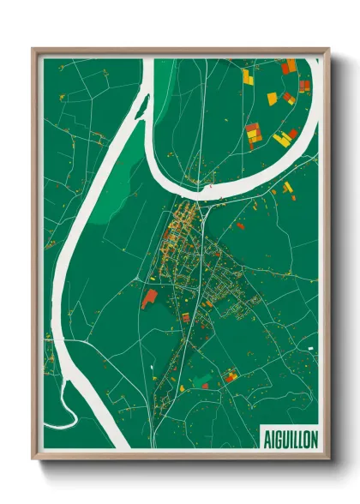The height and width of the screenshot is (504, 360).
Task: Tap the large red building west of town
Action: coord(149,297)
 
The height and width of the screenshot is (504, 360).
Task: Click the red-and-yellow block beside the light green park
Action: coord(230,375)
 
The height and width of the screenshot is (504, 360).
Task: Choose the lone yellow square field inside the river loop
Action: coord(272,99)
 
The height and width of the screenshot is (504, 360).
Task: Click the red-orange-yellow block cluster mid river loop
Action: coord(253,132)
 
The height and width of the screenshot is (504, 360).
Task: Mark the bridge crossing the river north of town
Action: coord(208,181)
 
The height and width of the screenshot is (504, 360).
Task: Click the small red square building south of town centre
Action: coord(185,317)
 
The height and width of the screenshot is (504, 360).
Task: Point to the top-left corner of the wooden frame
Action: coord(33,49)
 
